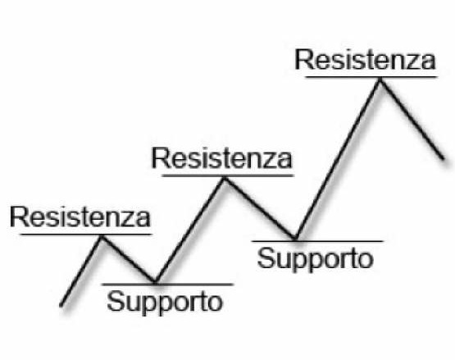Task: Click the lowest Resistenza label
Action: point(80,216)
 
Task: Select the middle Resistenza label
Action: point(222,158)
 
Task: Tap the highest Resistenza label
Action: point(366,60)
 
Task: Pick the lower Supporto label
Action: point(165,303)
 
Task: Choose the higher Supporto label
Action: point(316,259)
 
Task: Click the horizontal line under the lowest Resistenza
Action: point(86,234)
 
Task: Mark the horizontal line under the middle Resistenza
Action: point(228,175)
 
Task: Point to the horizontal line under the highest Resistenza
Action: point(371,77)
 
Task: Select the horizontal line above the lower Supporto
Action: point(168,285)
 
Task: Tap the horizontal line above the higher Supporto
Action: point(317,241)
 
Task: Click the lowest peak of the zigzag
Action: point(102,238)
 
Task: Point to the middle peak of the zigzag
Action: point(225,179)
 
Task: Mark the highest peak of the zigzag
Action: point(380,80)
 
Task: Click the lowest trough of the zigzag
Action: point(155,281)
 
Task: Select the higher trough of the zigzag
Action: point(295,239)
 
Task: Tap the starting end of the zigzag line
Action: point(61,306)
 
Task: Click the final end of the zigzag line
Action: point(444,159)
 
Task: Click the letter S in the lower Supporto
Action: point(114,301)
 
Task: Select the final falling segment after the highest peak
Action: point(412,120)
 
